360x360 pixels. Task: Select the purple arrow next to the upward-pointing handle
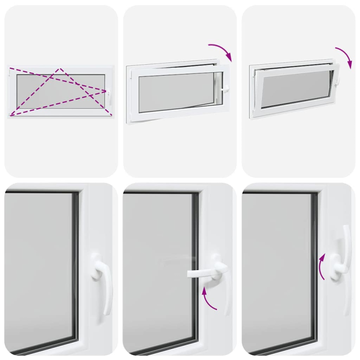click(321, 266)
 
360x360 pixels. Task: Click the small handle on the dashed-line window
click(108, 92)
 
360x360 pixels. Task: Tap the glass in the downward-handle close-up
click(38, 270)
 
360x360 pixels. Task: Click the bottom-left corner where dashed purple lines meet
click(11, 114)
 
